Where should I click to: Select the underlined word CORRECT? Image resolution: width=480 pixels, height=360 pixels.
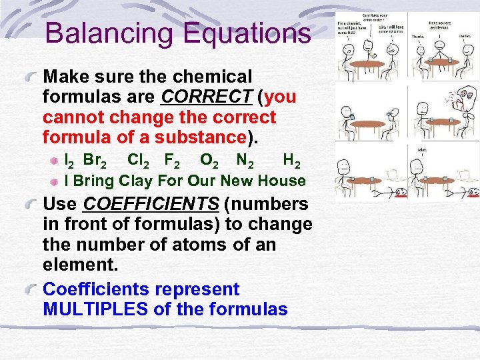[206, 97]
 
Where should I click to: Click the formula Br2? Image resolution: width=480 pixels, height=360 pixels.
[94, 161]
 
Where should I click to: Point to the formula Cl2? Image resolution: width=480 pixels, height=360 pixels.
[139, 161]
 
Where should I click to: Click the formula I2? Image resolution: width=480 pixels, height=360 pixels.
[68, 161]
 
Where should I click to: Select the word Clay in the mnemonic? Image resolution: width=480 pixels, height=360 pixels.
[136, 181]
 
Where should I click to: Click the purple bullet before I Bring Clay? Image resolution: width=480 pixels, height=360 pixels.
[57, 181]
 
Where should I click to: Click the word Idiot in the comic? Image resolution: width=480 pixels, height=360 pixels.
[422, 149]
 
